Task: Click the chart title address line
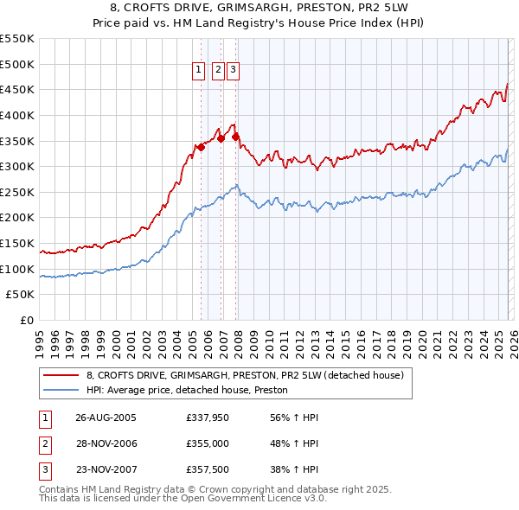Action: click(259, 7)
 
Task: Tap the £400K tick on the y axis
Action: click(17, 115)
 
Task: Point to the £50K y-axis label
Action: click(20, 295)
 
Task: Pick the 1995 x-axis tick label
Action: click(39, 335)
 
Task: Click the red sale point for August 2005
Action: click(201, 147)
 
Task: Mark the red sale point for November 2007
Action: click(235, 137)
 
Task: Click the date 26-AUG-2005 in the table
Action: click(106, 417)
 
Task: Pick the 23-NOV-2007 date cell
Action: click(106, 470)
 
